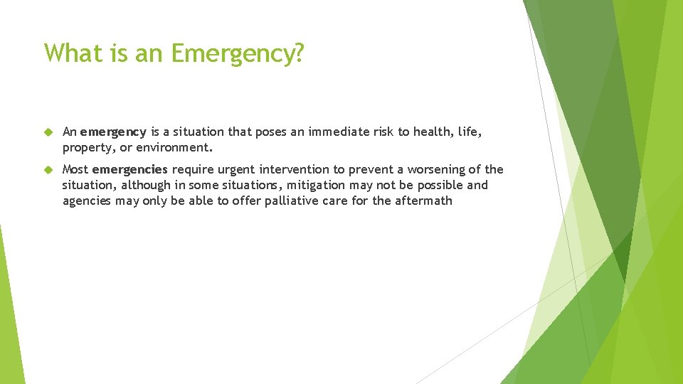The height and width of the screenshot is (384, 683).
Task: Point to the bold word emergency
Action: [x=113, y=132]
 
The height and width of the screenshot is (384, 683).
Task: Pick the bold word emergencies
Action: [x=130, y=170]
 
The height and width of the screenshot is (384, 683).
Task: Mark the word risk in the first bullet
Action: [x=380, y=132]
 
